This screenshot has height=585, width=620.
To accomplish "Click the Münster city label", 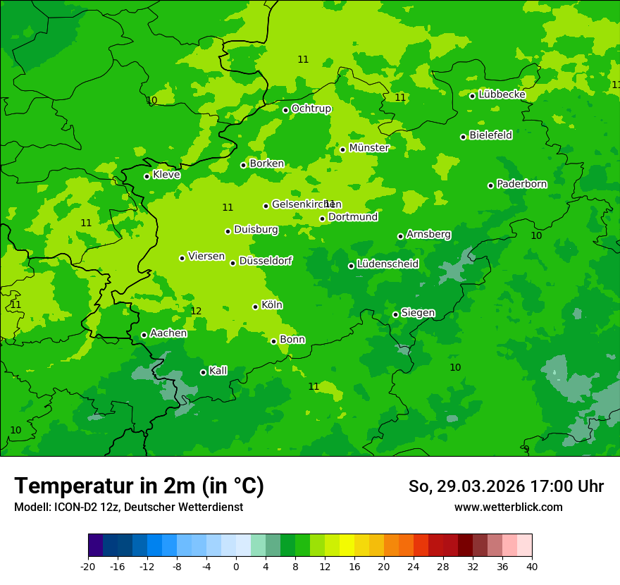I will pyautogui.click(x=368, y=148).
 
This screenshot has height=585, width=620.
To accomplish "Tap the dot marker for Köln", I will pyautogui.click(x=255, y=307).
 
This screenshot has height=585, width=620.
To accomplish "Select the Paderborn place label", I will pyautogui.click(x=521, y=184).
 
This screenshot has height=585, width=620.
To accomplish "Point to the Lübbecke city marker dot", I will pyautogui.click(x=472, y=96).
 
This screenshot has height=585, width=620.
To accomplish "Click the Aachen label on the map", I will pyautogui.click(x=168, y=333).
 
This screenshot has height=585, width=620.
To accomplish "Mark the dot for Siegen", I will pyautogui.click(x=395, y=314).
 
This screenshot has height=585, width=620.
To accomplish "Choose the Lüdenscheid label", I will pyautogui.click(x=387, y=264).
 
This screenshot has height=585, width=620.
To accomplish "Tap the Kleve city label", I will pyautogui.click(x=166, y=175).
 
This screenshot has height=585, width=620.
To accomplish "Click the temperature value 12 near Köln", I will pyautogui.click(x=196, y=311).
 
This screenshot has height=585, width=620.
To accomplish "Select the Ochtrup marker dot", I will pyautogui.click(x=285, y=110).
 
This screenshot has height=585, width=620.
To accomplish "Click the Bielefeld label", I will pyautogui.click(x=490, y=135).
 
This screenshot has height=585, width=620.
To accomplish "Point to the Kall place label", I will pyautogui.click(x=218, y=371).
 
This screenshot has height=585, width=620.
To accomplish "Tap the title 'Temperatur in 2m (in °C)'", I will pyautogui.click(x=139, y=486).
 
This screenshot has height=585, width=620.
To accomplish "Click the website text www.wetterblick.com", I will pyautogui.click(x=508, y=507).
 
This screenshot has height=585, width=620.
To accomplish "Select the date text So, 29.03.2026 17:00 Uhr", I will pyautogui.click(x=506, y=486).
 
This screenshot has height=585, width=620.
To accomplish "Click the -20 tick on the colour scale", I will pyautogui.click(x=88, y=566).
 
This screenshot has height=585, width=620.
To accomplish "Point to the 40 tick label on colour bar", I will pyautogui.click(x=531, y=566).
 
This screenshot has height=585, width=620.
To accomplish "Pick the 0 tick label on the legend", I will pyautogui.click(x=236, y=566).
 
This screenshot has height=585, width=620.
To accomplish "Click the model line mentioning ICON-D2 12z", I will pyautogui.click(x=128, y=507).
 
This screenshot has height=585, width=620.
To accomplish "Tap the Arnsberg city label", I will pyautogui.click(x=428, y=234).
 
